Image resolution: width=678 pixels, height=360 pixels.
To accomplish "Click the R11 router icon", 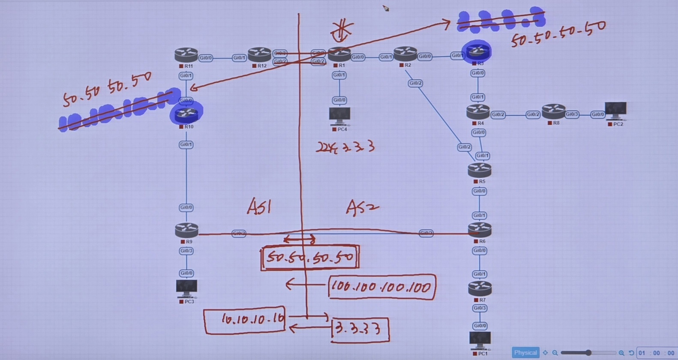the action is point(186,55).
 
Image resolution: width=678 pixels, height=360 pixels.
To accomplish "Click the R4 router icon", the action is point(478,112).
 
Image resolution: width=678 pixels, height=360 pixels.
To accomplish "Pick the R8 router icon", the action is point(553,112).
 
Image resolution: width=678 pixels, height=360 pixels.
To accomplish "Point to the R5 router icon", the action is point(479,171).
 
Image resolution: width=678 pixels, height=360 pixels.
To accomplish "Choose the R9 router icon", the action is point(186,231).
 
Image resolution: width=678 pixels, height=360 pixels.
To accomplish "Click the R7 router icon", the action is point(480,288).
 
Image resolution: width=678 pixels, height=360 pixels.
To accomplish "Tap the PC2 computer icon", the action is point(615,111).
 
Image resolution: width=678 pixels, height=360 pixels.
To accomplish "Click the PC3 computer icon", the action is point(186,288).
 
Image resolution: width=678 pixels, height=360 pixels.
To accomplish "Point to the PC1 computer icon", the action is point(480,340).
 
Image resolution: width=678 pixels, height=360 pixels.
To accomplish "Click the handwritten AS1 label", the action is point(259,207).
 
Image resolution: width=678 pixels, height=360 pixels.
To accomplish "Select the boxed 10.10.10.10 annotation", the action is point(244,319).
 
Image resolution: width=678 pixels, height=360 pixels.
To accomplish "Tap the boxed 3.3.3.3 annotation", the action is point(360,329).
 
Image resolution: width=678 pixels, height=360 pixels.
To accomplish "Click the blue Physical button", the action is point(525,352).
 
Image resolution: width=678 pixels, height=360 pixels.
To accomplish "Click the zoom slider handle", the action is point(588,352).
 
